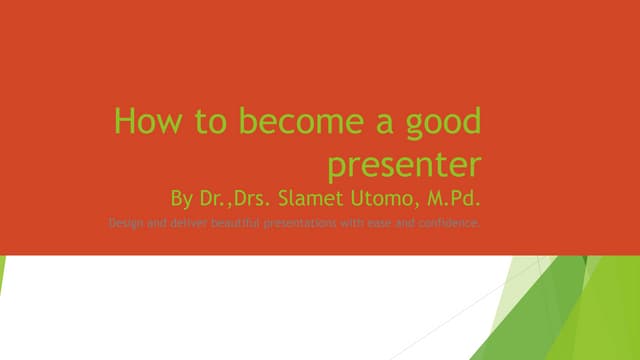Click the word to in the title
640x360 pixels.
click(x=205, y=122)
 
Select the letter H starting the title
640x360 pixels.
click(x=124, y=122)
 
